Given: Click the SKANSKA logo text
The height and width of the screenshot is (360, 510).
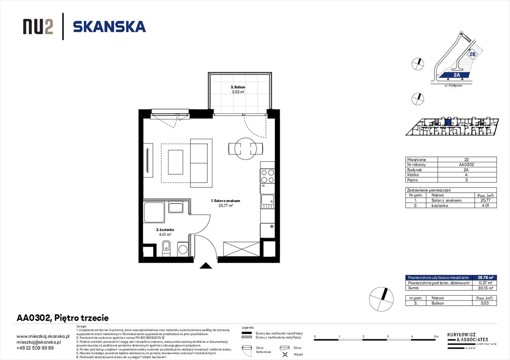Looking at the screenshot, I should click(109, 27).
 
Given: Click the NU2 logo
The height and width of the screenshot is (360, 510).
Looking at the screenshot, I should click(38, 27).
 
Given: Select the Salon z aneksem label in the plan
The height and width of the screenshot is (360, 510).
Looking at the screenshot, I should click(225, 201).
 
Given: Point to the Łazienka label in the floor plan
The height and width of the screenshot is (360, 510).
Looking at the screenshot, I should click(165, 230).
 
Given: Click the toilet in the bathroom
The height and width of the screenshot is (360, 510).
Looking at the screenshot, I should click(165, 248).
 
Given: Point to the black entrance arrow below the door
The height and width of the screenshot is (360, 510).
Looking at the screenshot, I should click(206, 266).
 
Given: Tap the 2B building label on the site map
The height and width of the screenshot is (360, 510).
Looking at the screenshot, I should click(472, 54).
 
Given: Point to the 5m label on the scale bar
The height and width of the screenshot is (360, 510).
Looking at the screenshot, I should click(436, 337).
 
